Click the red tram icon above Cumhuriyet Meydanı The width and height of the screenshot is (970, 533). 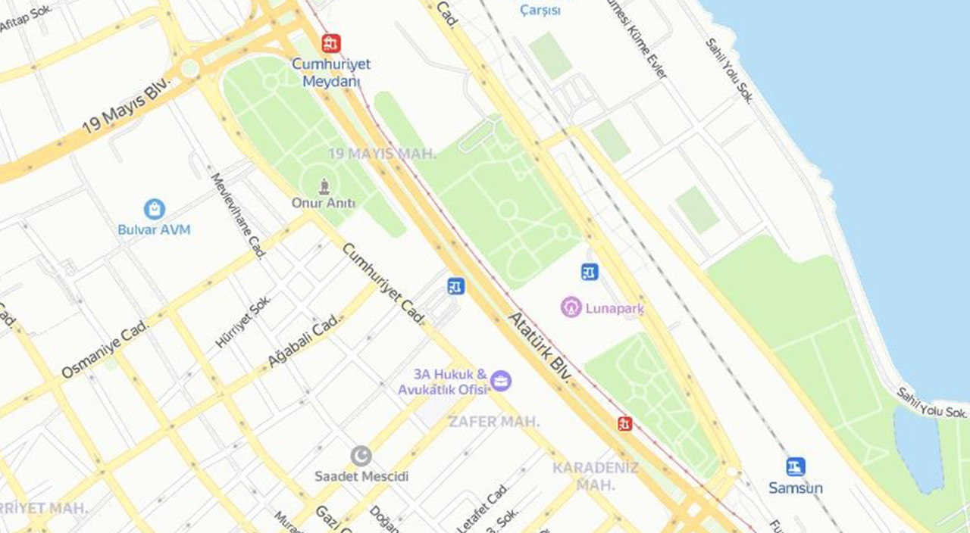coord(330,43)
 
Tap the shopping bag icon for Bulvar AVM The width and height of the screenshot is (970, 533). coord(155,209)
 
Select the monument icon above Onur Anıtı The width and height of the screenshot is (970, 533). coord(324,185)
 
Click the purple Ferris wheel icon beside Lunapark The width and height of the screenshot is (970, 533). coord(571,307)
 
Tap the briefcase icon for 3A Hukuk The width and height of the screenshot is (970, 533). coord(500,380)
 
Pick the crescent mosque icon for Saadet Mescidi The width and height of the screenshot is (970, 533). coord(361,456)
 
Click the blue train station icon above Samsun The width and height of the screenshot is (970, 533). coord(795,466)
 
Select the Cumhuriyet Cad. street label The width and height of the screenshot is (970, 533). coord(383,284)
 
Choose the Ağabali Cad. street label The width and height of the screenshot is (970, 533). coord(304,341)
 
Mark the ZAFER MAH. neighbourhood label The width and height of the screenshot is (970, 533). coord(493,422)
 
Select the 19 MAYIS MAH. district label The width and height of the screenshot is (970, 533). coord(382,154)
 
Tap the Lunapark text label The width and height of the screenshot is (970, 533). coord(614,308)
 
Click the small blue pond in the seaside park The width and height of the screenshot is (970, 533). coord(918,447)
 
